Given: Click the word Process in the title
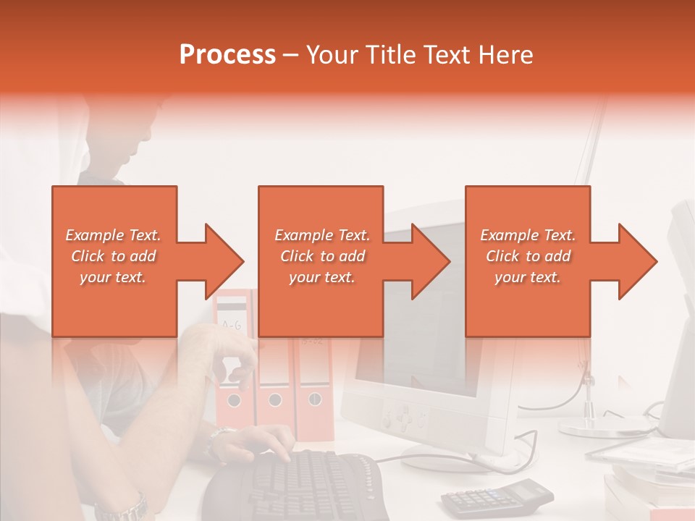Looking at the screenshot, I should click(x=227, y=55).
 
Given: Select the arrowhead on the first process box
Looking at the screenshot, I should click(x=223, y=261).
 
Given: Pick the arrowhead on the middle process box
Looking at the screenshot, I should click(x=430, y=261).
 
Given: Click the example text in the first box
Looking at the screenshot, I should click(x=113, y=256).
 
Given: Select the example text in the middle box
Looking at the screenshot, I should click(x=321, y=256).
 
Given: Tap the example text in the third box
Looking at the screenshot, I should click(x=527, y=256).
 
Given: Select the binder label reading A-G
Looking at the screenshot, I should click(x=231, y=325).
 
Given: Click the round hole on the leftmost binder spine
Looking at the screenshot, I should click(x=233, y=399).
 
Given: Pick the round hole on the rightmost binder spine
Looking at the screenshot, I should click(x=315, y=398).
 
